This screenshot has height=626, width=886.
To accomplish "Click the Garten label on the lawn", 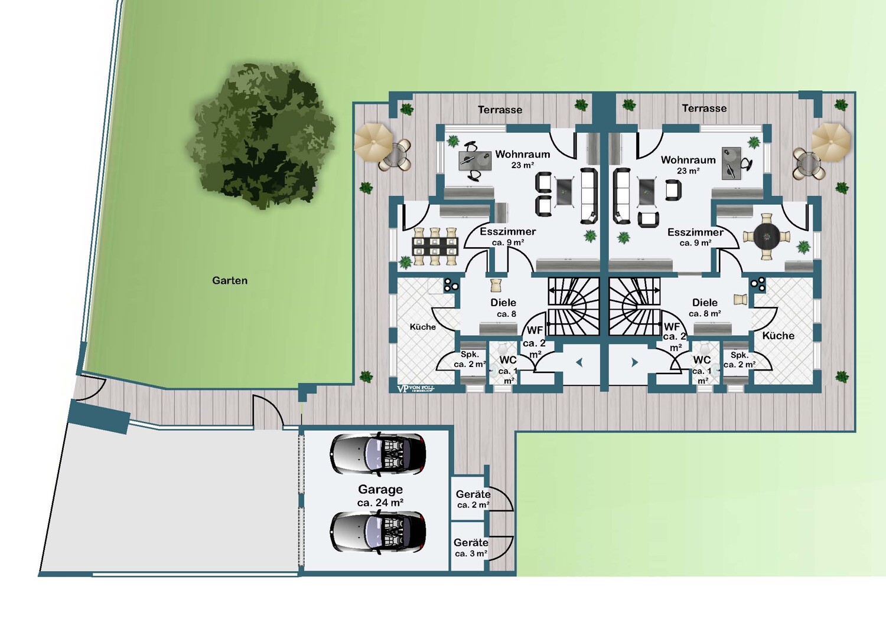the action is tap(230, 281).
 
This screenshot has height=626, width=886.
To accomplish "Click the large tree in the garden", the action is tap(261, 136).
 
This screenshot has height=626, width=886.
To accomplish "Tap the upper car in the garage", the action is tap(378, 453).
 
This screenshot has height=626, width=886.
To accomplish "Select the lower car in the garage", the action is tap(378, 532).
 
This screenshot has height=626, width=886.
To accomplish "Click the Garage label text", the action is tap(380, 489).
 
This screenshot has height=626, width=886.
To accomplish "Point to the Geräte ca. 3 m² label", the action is tap(471, 548).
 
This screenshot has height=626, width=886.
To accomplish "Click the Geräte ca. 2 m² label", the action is tap(473, 499).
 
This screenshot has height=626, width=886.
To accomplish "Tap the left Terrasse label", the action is tap(500, 110).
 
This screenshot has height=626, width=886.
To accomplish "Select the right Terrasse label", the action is tap(705, 108).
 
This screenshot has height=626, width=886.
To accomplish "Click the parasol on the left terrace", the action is tap(373, 142).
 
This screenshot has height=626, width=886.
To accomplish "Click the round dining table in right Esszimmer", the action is tap(767, 237).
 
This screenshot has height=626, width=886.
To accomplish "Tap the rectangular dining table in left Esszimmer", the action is tap(435, 246).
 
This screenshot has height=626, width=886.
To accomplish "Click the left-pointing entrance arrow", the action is tap(579, 362).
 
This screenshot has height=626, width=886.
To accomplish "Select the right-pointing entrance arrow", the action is tap(634, 362).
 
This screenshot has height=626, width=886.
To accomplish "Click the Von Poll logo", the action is tap(415, 388).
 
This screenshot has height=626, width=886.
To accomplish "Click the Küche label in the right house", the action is tap(778, 336).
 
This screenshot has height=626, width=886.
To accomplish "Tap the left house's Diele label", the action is tap(503, 303).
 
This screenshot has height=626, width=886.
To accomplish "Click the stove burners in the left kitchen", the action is tap(451, 284).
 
